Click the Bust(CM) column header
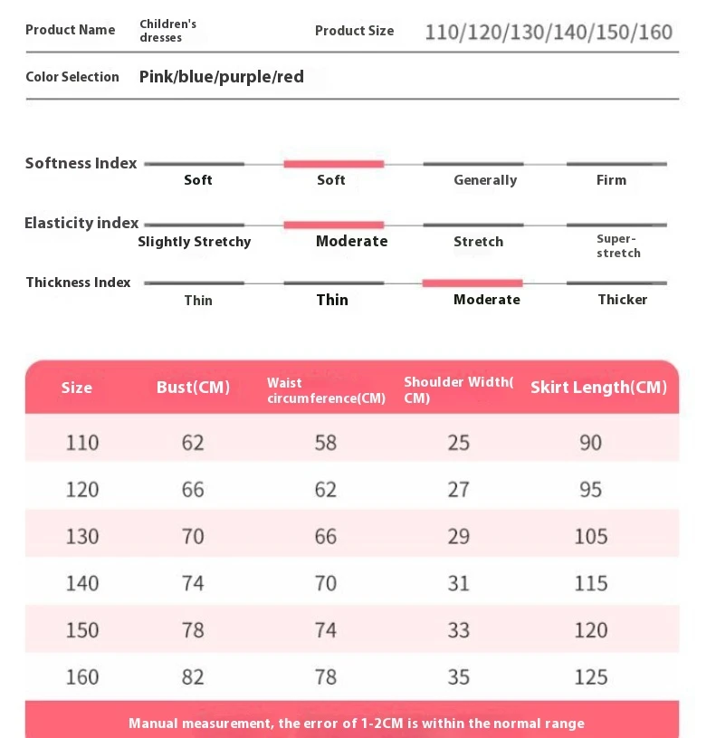tap(193, 388)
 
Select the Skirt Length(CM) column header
tap(598, 388)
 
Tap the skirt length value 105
tap(590, 536)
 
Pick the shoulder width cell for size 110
tap(459, 442)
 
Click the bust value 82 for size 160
tap(193, 676)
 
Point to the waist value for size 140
tap(326, 583)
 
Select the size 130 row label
tap(82, 536)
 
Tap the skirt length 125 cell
tap(590, 676)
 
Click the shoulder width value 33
tap(459, 629)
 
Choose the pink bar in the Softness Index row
tap(333, 164)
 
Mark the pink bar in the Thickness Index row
tap(473, 283)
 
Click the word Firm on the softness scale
tap(611, 180)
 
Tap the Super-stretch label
tap(618, 246)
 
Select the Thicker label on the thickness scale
tap(622, 300)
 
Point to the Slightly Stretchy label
tap(195, 242)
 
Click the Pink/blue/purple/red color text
tap(222, 77)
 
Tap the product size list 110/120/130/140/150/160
tap(549, 33)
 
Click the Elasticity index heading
tap(81, 223)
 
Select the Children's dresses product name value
tap(167, 31)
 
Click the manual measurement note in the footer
tap(357, 724)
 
